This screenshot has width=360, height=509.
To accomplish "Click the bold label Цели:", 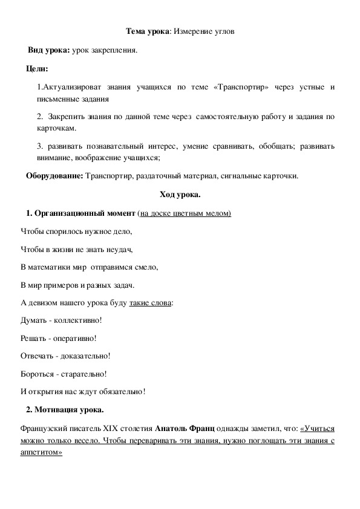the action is tap(38, 70).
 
